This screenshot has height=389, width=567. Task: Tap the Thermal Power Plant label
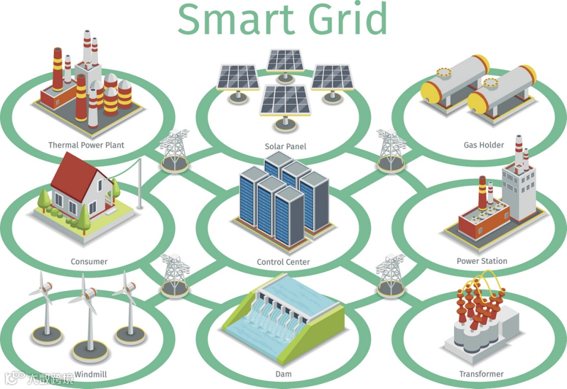click(86, 145)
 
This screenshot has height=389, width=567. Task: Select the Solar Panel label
click(285, 146)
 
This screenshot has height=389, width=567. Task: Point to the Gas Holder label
click(484, 145)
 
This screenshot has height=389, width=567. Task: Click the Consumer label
click(89, 261)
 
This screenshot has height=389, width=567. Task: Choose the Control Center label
click(283, 262)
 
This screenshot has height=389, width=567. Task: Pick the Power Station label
click(482, 261)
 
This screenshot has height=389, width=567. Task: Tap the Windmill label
click(90, 374)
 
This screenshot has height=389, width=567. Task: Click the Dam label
click(283, 374)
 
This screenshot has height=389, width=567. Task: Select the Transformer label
click(481, 374)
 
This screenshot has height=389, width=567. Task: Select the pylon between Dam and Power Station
click(390, 274)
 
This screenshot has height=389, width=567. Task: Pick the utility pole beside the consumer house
click(139, 184)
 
